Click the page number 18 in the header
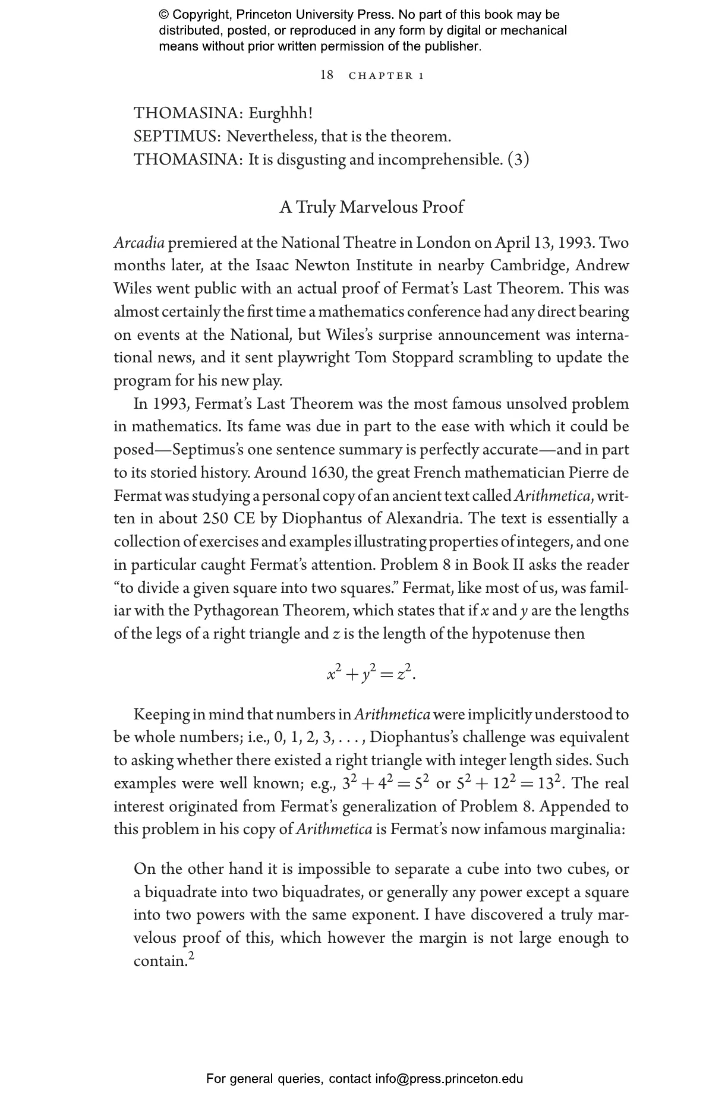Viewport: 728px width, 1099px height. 327,75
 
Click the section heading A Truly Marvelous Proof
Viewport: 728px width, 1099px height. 371,207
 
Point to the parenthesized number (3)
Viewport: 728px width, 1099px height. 518,160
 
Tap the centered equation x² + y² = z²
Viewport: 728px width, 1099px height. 371,674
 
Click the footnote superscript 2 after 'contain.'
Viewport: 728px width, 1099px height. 191,955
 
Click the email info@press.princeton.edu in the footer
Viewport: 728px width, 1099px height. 449,1079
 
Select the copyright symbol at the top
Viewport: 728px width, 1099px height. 164,15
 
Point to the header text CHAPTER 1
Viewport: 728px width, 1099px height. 386,75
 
